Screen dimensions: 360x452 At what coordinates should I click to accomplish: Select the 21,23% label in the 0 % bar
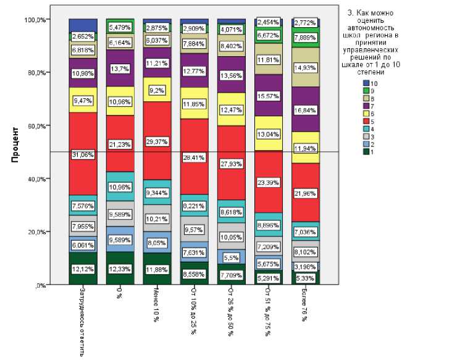pyautogui.click(x=120, y=145)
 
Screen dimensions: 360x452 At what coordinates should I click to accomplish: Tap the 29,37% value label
pyautogui.click(x=157, y=141)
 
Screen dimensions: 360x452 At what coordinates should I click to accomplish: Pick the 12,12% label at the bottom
pyautogui.click(x=82, y=269)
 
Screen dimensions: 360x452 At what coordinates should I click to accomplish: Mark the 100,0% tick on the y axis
pyautogui.click(x=35, y=20)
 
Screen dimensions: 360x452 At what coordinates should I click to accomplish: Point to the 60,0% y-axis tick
pyautogui.click(x=36, y=126)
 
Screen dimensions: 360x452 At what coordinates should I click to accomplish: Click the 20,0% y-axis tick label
pyautogui.click(x=36, y=232)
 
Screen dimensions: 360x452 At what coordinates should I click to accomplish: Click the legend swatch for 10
pyautogui.click(x=366, y=82)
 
